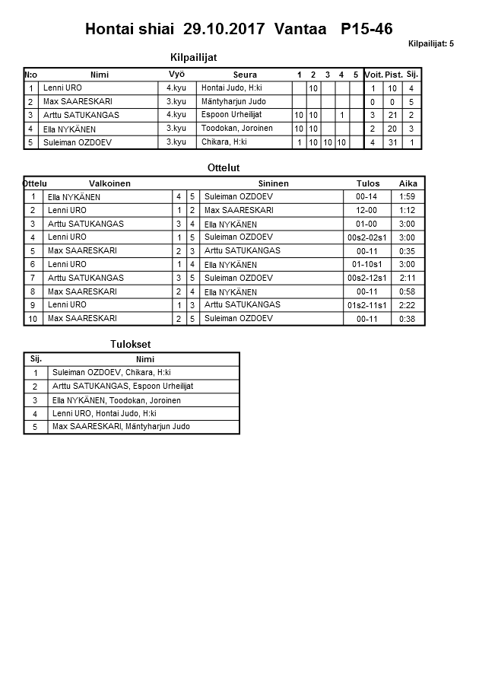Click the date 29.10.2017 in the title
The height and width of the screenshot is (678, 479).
[224, 30]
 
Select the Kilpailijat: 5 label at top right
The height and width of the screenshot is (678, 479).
[431, 44]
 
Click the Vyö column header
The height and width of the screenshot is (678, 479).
[176, 74]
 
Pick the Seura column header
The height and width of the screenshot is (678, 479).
[245, 75]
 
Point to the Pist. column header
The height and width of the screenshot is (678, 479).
[393, 75]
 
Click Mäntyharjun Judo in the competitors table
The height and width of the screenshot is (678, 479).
[233, 101]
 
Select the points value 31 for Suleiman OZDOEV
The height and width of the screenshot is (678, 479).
[393, 142]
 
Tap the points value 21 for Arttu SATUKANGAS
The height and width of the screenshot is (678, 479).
[393, 115]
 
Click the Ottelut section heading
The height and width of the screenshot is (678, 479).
[223, 167]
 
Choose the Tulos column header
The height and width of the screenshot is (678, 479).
[368, 183]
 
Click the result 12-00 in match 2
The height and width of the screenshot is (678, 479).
[366, 210]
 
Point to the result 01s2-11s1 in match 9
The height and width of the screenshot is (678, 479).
[366, 305]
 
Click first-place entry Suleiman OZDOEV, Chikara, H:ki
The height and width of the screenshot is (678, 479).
[111, 373]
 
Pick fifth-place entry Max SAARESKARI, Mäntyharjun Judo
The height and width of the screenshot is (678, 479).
[121, 427]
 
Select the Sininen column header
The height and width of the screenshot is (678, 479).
[273, 183]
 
